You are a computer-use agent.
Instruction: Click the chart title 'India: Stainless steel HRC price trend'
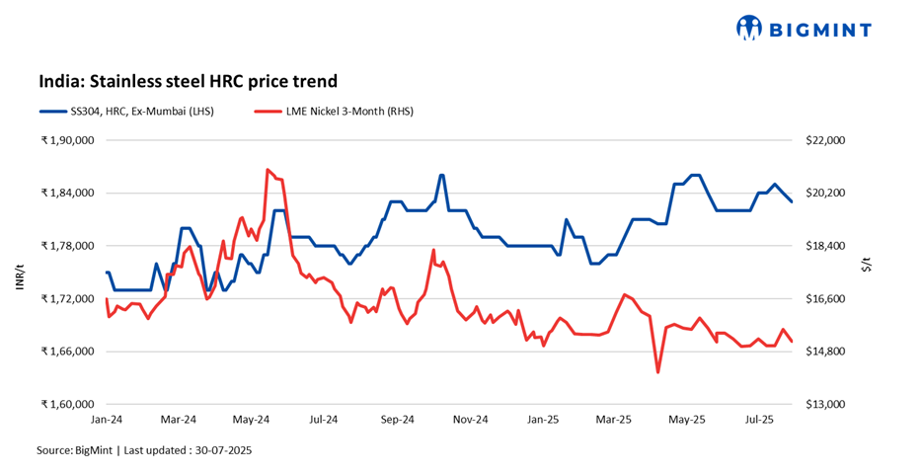(188, 81)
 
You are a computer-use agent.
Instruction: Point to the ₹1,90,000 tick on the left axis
(66, 140)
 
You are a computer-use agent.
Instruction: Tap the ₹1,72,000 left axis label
(66, 298)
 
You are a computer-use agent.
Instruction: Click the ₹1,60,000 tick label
(66, 404)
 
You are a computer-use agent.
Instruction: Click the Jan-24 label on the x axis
(106, 420)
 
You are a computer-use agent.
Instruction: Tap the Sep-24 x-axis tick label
(396, 420)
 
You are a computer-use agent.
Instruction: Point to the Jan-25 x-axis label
(542, 420)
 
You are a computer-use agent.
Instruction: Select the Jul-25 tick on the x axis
(759, 420)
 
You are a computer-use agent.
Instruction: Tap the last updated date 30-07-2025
(243, 450)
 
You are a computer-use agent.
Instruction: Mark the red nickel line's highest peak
(268, 170)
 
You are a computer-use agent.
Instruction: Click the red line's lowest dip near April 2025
(657, 372)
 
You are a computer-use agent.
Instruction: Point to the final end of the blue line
(792, 202)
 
